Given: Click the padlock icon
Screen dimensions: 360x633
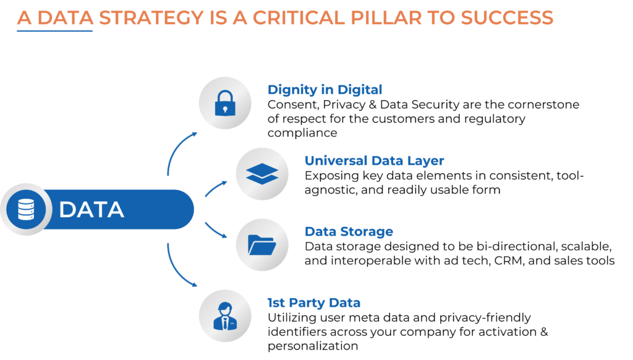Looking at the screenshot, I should click(x=225, y=103).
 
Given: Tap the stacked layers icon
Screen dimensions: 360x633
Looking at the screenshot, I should click(x=262, y=174).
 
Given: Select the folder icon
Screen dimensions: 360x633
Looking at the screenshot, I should click(x=262, y=245).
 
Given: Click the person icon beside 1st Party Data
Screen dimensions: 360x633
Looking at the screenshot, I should click(x=225, y=315).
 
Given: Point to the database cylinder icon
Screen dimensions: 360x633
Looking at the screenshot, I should click(x=25, y=209).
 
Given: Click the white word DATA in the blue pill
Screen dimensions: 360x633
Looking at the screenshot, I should click(x=91, y=210).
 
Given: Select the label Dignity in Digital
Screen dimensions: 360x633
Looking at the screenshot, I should click(x=325, y=90).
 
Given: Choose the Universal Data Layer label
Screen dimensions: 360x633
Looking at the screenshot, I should click(x=374, y=161).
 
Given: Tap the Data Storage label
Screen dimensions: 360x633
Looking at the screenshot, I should click(x=349, y=232).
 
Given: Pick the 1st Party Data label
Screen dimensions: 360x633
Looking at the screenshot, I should click(x=313, y=303).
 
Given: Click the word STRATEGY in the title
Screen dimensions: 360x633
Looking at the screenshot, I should click(x=151, y=18).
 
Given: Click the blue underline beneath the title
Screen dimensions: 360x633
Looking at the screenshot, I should click(x=54, y=30).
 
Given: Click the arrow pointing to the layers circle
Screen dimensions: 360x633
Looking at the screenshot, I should click(x=216, y=187).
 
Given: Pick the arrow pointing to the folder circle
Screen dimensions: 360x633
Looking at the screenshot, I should click(x=216, y=230).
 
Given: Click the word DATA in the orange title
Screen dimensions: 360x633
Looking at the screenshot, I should click(x=65, y=18).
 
